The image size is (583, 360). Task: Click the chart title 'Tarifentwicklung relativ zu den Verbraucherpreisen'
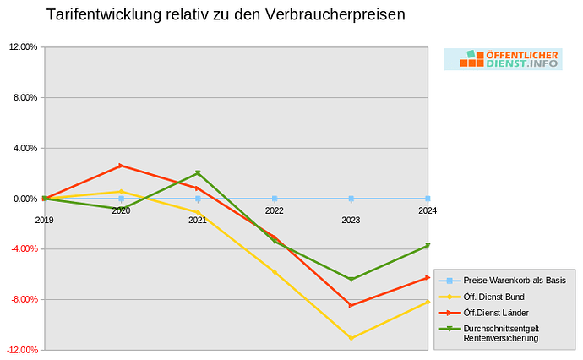226,15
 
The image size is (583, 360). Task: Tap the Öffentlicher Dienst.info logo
503,59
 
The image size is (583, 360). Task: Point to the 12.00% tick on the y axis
23,47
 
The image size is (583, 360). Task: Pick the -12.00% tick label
23,350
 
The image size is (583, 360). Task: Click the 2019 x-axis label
44,220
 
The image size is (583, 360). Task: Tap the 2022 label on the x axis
274,210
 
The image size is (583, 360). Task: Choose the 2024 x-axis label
428,210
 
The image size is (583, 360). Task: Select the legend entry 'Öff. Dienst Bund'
493,297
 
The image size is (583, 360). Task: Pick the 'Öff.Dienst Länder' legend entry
496,313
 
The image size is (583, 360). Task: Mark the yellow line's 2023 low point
351,338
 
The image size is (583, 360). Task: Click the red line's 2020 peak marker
121,166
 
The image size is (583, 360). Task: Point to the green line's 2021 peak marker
198,173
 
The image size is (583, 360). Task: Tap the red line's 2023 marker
351,305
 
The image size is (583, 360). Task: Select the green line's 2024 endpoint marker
428,246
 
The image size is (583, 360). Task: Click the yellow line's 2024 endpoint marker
428,302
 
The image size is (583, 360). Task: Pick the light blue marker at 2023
351,199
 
